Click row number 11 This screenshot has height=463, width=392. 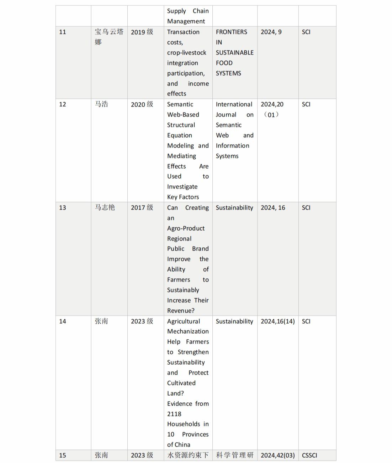coord(63,32)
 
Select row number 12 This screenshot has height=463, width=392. coord(63,104)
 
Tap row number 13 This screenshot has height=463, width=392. coord(63,208)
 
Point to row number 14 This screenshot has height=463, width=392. coord(63,321)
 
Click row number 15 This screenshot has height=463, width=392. coord(63,456)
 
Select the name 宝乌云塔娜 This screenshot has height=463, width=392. coord(109,37)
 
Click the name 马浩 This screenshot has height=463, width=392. coord(101,104)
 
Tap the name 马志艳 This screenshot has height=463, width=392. coord(105,207)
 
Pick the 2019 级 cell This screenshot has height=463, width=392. coord(142,32)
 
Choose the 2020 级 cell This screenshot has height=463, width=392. coord(142,104)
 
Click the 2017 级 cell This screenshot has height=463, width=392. coord(142,208)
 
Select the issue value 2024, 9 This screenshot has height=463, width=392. coord(271,32)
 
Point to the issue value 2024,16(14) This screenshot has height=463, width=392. coord(277,321)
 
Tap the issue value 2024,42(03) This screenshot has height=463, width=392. coord(277,456)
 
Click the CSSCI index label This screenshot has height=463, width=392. coord(309,456)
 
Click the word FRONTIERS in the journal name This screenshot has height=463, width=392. coord(231,32)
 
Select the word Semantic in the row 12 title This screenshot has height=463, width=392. coord(180,104)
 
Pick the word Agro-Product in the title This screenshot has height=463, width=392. coord(186,228)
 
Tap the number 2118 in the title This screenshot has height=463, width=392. coord(174,414)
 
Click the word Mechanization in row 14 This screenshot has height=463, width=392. coord(188,331)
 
